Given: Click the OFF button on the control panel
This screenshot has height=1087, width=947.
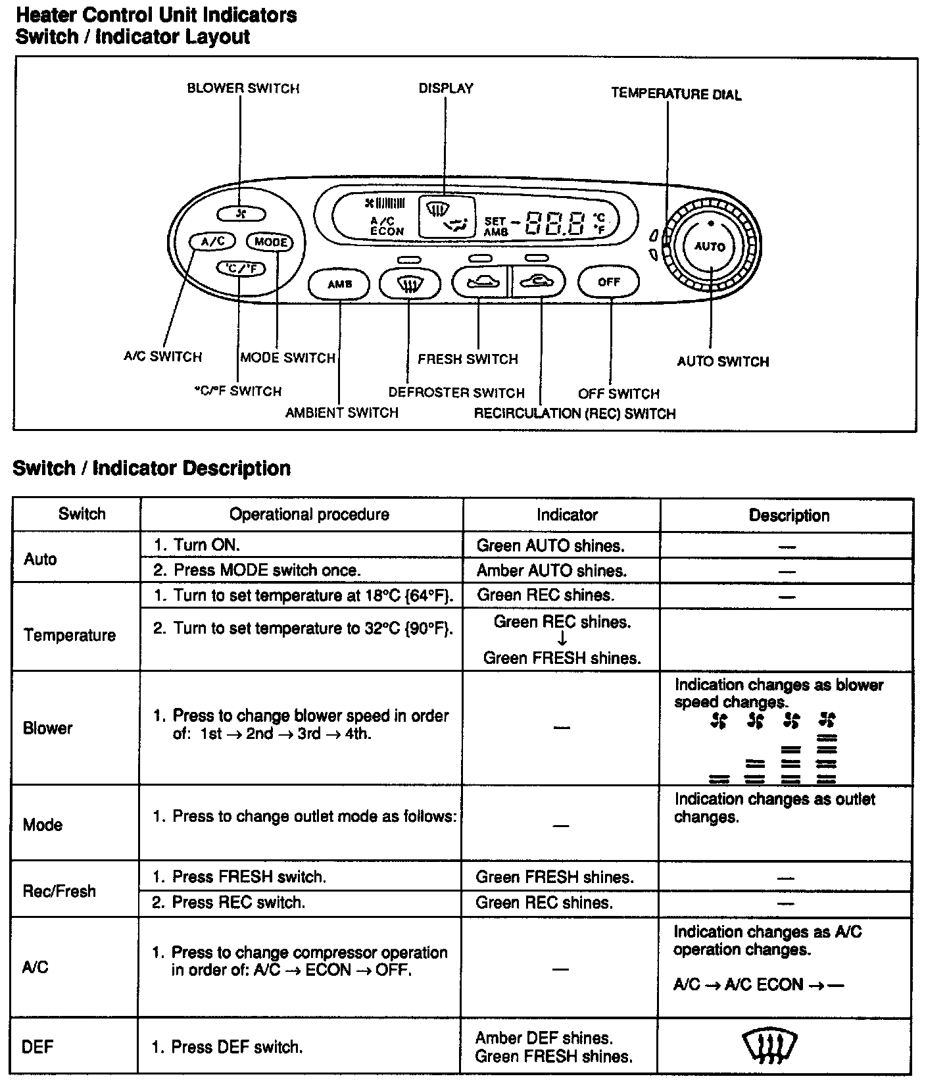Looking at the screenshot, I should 608,282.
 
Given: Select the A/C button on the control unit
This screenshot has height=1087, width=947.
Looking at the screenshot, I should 212,241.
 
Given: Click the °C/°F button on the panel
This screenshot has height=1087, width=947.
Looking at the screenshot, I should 241,268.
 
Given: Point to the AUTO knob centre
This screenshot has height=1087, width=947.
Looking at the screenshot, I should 710,247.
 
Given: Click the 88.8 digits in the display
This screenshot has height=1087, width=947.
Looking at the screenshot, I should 556,224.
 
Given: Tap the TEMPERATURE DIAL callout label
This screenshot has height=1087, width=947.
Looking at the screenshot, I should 676,94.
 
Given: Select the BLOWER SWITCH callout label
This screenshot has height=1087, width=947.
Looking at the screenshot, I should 243,88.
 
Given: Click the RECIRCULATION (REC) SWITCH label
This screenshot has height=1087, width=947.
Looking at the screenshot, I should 575,414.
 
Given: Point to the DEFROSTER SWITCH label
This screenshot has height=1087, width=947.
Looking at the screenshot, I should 456,393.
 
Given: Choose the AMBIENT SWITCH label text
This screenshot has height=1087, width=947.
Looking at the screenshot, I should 341,413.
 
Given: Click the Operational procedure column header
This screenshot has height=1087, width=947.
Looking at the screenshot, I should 309,515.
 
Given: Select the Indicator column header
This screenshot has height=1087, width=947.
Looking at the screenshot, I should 567,515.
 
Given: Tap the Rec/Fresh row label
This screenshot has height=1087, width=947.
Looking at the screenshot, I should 59,891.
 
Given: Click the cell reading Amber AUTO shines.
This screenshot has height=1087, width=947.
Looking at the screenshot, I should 551,570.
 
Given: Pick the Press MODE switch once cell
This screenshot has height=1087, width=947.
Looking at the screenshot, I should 266,570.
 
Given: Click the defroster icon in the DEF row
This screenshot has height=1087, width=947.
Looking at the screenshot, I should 769,1047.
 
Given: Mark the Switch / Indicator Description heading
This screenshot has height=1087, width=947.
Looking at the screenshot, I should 152,468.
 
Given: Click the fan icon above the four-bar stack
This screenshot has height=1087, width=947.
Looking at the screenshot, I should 827,720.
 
